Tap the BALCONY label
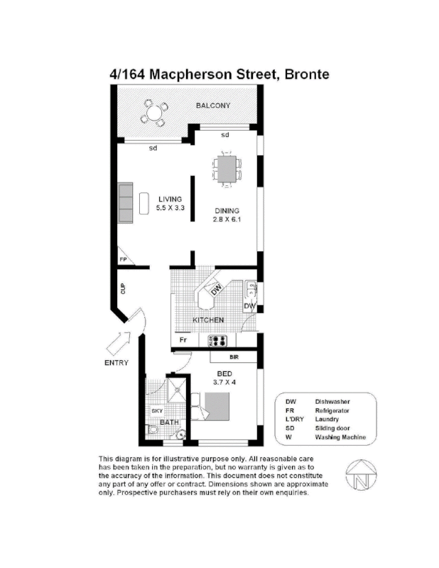point(213,106)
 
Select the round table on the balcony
point(153,111)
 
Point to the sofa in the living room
point(126,203)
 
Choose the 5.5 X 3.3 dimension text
point(170,208)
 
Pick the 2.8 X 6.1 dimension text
point(227,220)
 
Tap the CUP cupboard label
point(123,288)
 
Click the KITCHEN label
point(209,320)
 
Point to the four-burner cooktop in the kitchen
point(217,341)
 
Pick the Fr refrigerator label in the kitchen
point(182,341)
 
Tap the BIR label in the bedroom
point(234,359)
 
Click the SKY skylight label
point(156,411)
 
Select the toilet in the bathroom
point(153,431)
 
